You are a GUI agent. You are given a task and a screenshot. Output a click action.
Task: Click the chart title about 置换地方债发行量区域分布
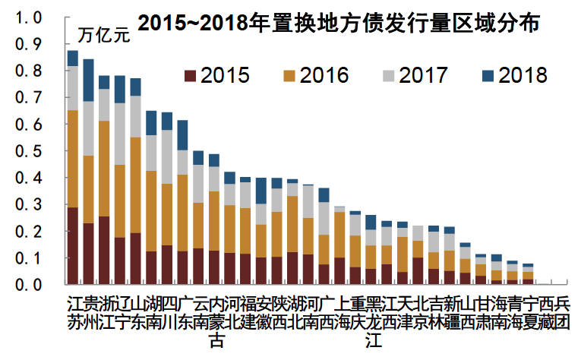pyautogui.click(x=337, y=24)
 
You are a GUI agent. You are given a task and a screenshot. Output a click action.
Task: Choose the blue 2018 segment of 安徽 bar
pyautogui.click(x=261, y=191)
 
